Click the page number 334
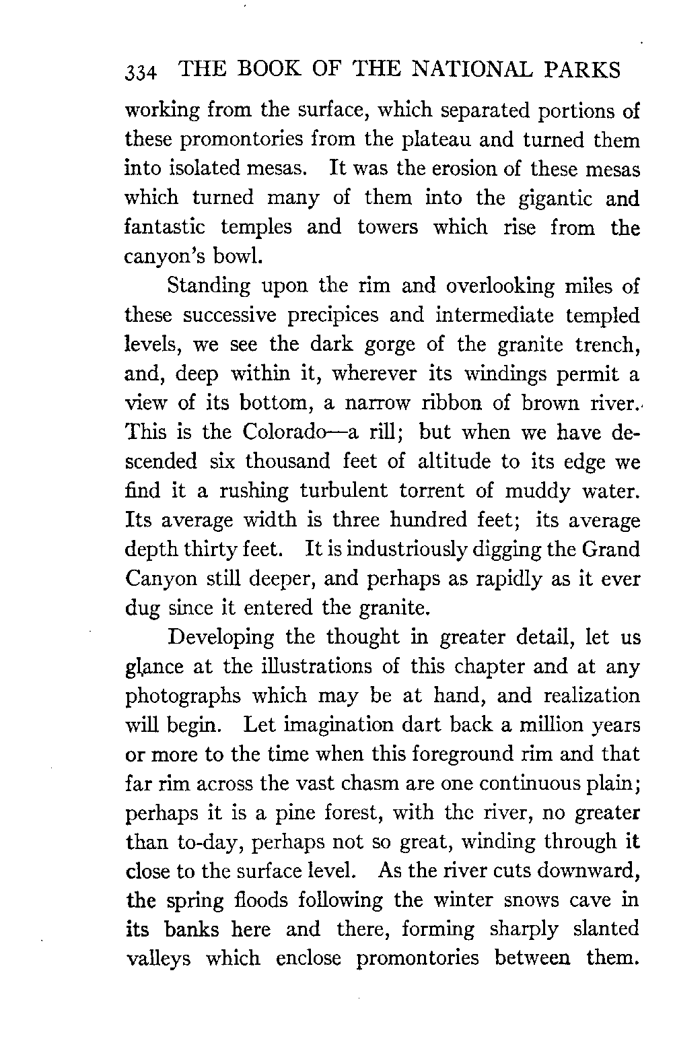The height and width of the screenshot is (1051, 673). (x=141, y=72)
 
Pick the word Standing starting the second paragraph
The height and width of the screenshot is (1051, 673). (x=209, y=287)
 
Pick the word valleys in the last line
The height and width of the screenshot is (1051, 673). (x=160, y=959)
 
